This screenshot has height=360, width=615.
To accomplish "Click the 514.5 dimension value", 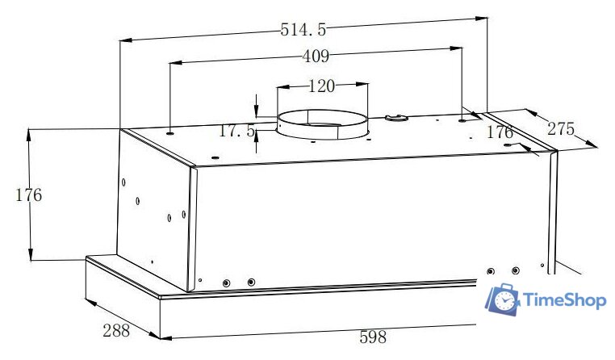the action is (x=303, y=30).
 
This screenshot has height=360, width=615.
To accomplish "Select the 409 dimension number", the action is (x=316, y=57).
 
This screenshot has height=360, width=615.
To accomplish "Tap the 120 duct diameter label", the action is (x=322, y=86).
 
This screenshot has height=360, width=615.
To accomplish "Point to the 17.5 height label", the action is (x=236, y=131).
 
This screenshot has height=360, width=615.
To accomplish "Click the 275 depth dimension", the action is (x=561, y=128).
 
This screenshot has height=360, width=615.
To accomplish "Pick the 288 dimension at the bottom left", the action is (x=116, y=331).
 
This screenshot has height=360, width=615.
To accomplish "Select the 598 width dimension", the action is (x=373, y=337).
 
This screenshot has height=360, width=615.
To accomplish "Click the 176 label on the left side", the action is (x=28, y=195).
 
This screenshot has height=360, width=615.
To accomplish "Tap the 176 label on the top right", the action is (x=500, y=132).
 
